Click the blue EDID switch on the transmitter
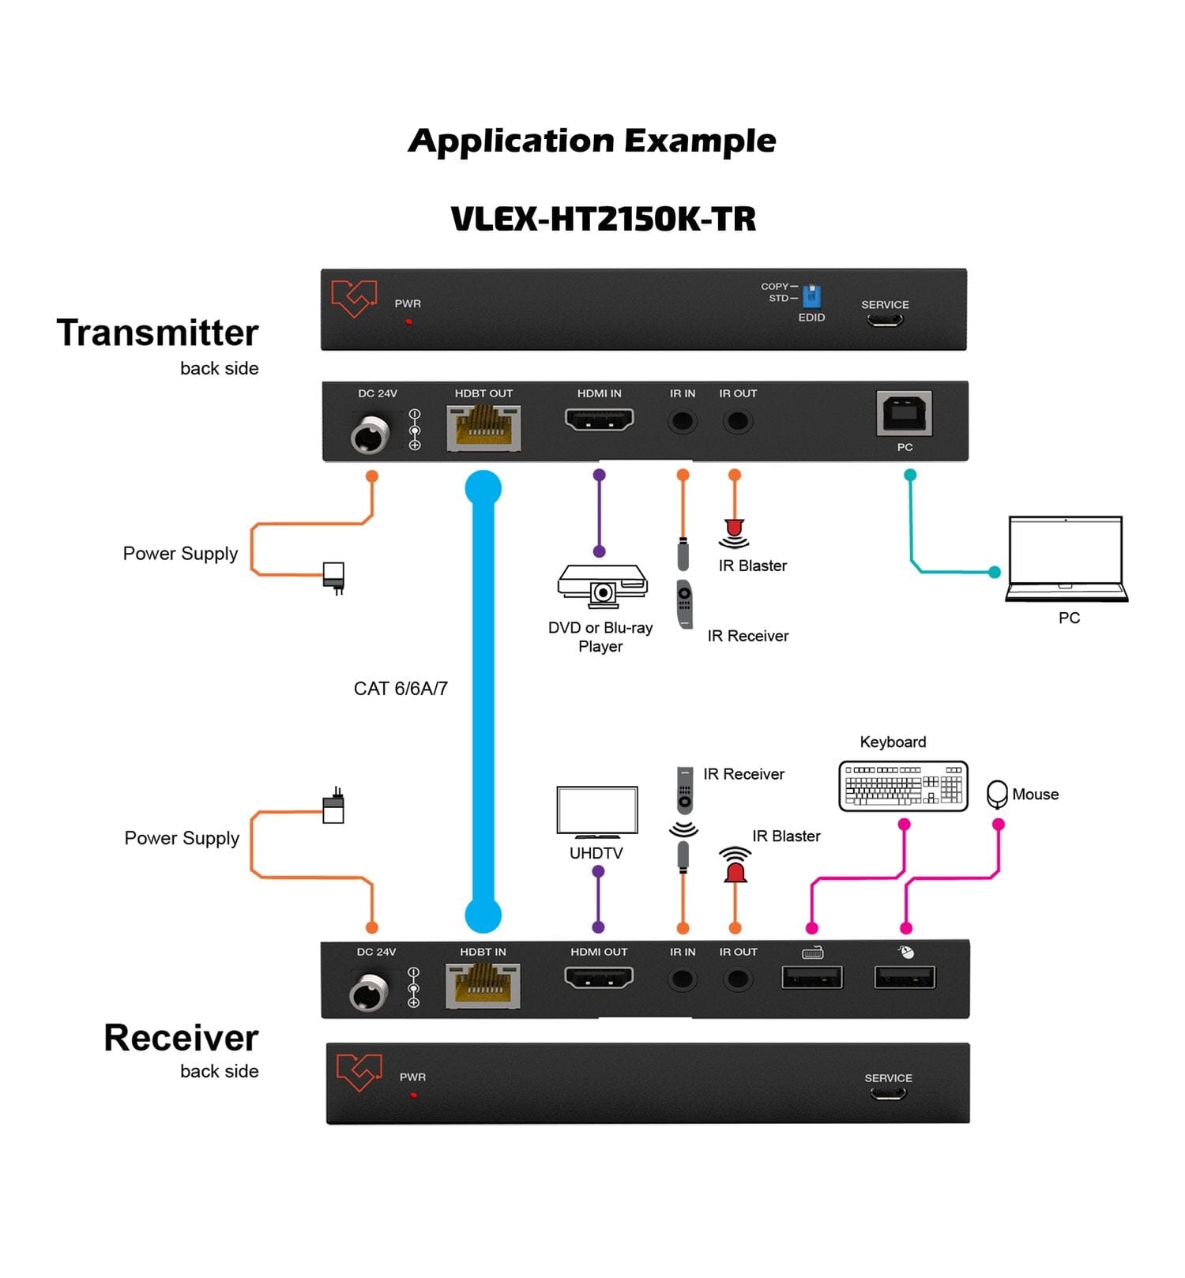(x=811, y=297)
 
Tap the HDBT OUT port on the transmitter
(x=483, y=428)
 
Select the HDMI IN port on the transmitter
(x=600, y=419)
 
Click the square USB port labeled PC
(x=905, y=413)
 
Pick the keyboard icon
(x=903, y=786)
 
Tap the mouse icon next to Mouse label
(x=997, y=794)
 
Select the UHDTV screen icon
(x=597, y=811)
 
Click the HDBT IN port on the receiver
(x=483, y=987)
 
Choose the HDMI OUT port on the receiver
(x=599, y=979)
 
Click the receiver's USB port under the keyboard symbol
(x=812, y=978)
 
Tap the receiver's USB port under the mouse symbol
(x=905, y=978)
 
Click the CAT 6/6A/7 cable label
(x=401, y=689)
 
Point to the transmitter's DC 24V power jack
(x=370, y=435)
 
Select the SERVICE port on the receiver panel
(x=888, y=1094)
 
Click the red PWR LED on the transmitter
(x=408, y=322)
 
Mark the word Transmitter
(x=158, y=333)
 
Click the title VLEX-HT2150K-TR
(x=603, y=219)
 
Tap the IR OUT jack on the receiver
(x=738, y=980)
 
